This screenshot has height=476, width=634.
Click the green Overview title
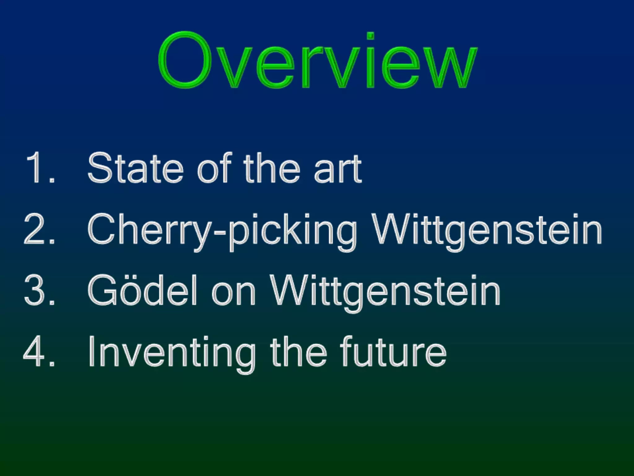click(318, 60)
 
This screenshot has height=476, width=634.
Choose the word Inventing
click(172, 353)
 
